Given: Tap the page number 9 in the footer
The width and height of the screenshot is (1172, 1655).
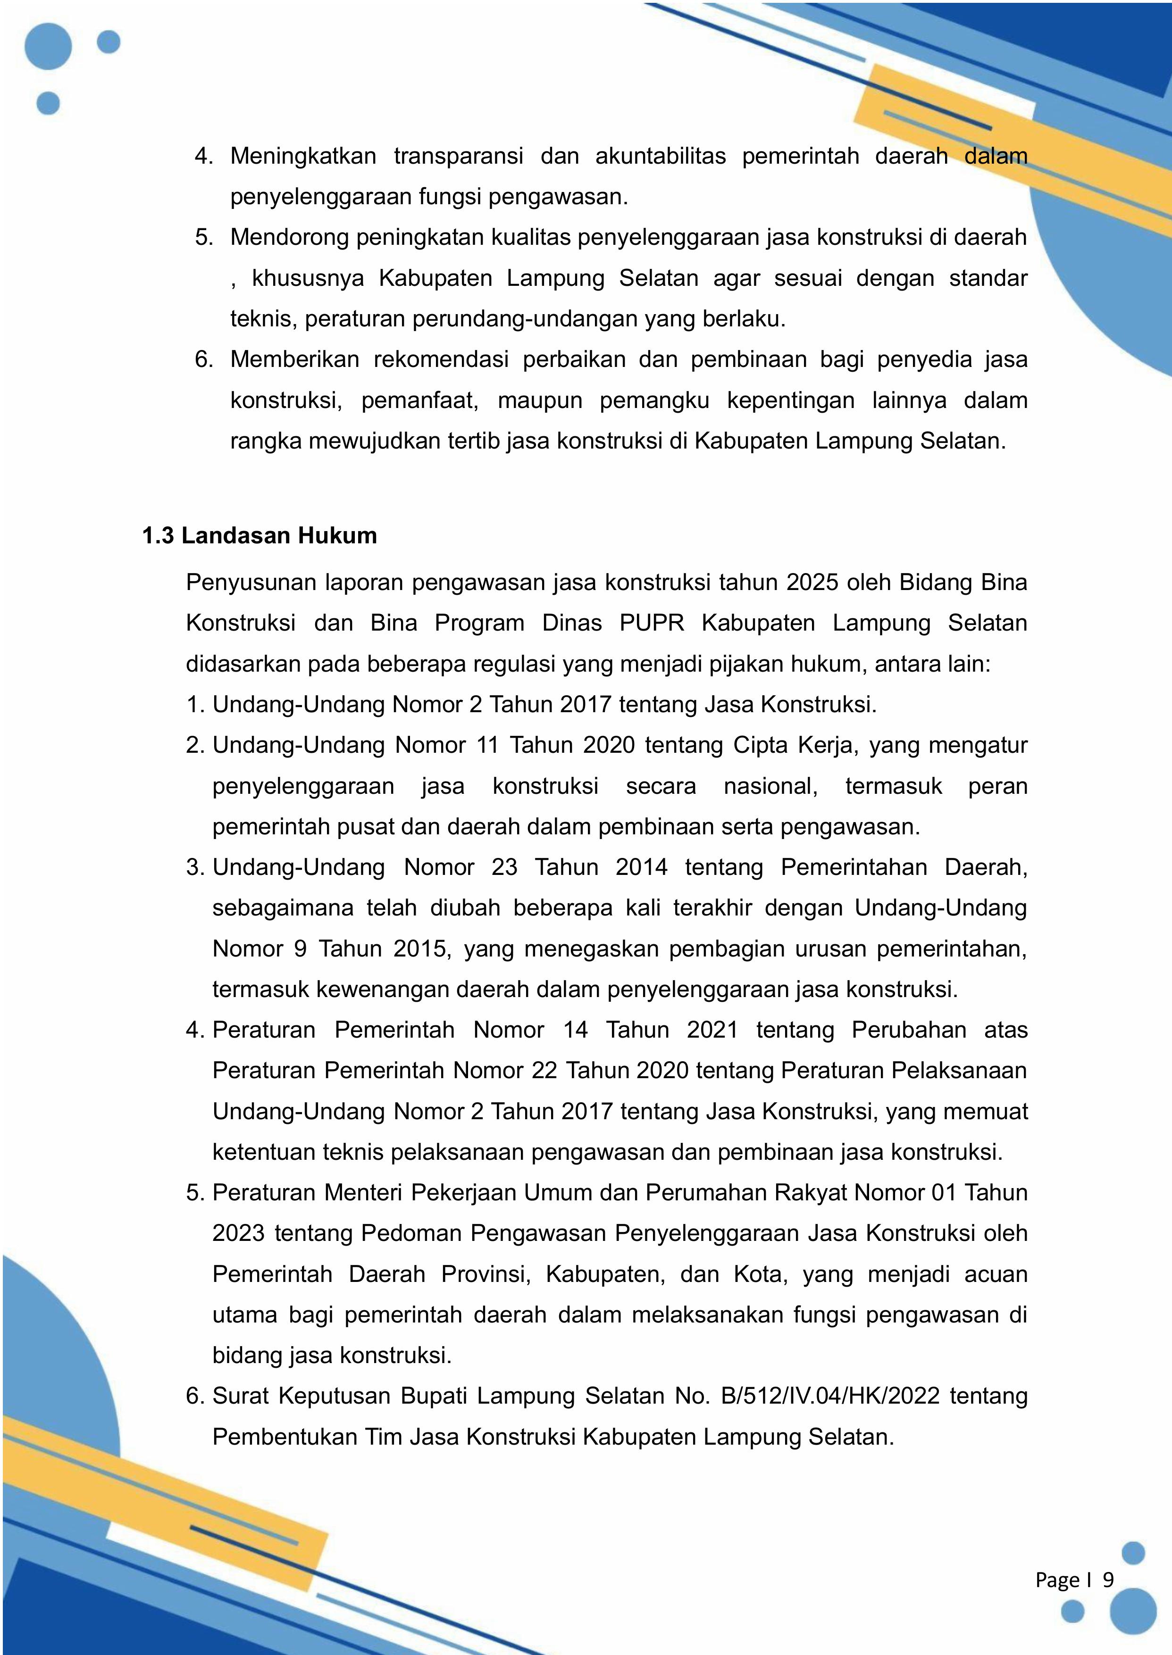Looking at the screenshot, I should click(1108, 1580).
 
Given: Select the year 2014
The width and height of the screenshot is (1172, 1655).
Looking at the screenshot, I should click(642, 867).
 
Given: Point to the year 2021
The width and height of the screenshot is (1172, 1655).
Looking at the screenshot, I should click(712, 1030).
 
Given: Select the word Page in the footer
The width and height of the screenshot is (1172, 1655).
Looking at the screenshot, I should click(1057, 1580).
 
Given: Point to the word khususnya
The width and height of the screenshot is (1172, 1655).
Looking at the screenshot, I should click(308, 278).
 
